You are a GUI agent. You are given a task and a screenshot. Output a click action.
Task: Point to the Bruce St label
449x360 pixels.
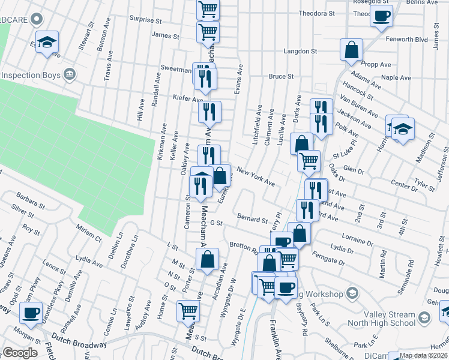281,77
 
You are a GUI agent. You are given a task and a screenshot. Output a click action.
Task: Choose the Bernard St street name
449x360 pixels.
252,218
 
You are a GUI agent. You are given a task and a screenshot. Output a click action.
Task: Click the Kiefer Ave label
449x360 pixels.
187,98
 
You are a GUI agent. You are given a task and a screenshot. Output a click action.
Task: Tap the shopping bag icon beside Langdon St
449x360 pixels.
351,50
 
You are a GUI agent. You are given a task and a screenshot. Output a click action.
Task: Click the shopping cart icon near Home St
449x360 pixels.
188,311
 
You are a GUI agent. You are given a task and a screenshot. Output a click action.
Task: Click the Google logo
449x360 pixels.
20,353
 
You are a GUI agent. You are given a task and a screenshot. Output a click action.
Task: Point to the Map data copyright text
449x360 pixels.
424,355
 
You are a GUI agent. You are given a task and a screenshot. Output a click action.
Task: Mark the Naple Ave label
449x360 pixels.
396,78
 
